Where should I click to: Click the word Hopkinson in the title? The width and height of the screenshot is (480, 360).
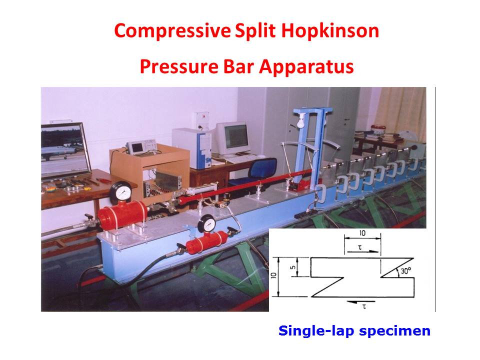(330, 31)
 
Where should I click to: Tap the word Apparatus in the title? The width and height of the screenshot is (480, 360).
(306, 67)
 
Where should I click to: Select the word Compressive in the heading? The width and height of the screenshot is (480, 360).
(172, 31)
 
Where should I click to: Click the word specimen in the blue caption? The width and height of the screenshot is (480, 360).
(394, 331)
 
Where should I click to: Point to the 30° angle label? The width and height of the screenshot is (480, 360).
(405, 271)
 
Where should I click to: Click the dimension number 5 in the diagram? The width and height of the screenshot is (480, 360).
(293, 267)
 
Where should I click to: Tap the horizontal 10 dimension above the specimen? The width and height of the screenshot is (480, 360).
(362, 233)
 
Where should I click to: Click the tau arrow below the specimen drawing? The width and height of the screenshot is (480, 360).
(357, 302)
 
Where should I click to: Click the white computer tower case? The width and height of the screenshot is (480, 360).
(192, 147)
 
